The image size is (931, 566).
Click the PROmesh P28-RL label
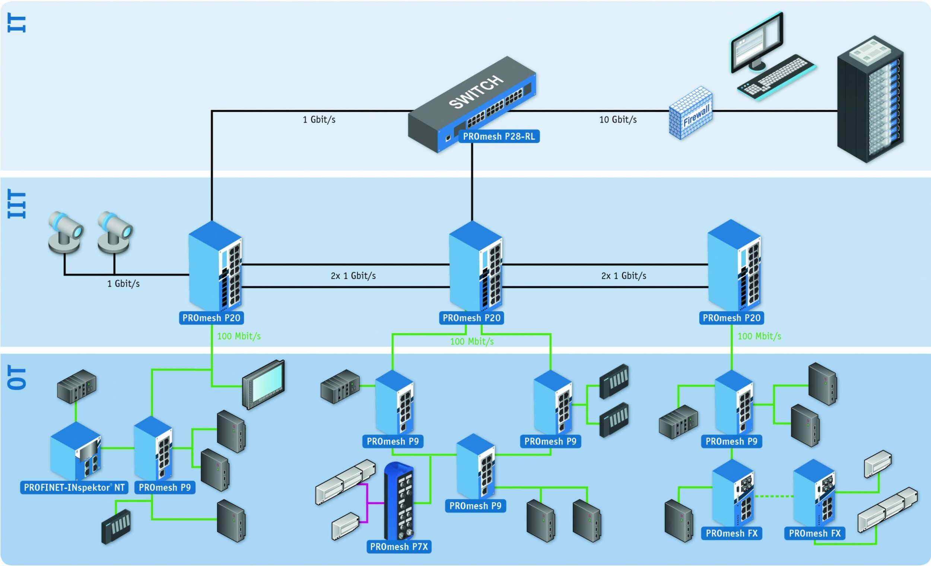tap(499, 136)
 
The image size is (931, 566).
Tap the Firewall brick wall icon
tap(691, 113)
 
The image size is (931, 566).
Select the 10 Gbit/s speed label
tap(618, 120)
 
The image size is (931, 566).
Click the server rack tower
tap(870, 100)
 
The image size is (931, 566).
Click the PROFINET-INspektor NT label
tap(74, 487)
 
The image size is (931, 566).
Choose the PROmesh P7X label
tap(399, 547)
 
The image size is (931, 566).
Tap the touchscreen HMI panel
tap(264, 385)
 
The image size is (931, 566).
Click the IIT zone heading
tap(17, 204)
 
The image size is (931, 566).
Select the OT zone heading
tap(17, 378)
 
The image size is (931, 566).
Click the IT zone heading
tap(17, 24)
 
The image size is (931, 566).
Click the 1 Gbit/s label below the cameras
tap(123, 284)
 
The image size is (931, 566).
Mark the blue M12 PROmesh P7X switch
tap(399, 500)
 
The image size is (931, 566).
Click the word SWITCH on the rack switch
tap(476, 92)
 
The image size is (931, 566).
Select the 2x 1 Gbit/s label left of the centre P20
tap(353, 276)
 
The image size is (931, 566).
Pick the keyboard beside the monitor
tap(776, 77)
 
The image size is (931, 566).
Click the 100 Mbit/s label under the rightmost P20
tap(759, 336)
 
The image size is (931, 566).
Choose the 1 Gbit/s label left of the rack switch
tap(319, 120)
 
